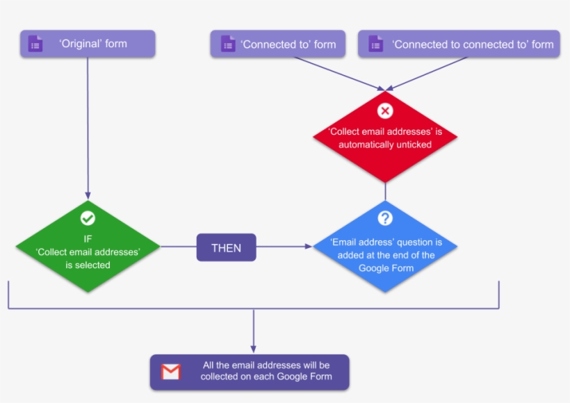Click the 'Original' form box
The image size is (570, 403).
coord(88,44)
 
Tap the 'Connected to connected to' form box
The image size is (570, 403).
coord(459,44)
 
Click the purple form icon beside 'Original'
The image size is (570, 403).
coord(35,44)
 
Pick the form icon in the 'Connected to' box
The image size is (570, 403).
coord(228,44)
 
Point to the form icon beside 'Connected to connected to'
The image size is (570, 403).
coord(376,44)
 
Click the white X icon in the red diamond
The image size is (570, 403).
coord(385,110)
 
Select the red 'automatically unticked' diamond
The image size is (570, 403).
coord(385,138)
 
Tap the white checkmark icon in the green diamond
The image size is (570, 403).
coord(88,218)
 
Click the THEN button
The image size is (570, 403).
coord(226,247)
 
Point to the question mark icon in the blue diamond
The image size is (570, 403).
coord(385,218)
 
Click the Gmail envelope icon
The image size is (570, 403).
coord(171,372)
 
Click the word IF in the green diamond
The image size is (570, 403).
coord(88,238)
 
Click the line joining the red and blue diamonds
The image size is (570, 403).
coord(385,191)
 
